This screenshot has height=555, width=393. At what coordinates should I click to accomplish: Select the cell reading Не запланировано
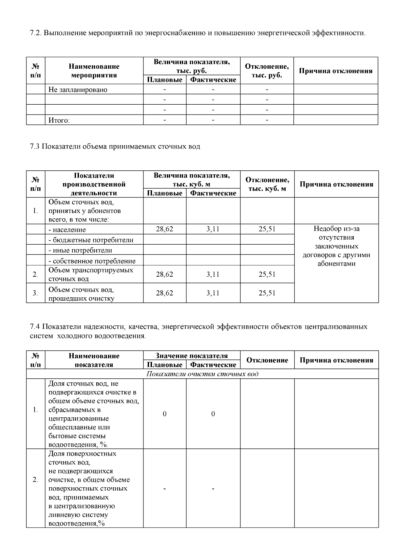tap(78, 90)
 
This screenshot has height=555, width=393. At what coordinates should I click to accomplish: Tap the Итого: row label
tap(59, 120)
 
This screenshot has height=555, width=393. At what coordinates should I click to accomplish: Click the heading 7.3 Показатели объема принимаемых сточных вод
tap(115, 147)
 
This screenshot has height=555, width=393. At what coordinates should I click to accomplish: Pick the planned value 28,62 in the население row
tap(164, 229)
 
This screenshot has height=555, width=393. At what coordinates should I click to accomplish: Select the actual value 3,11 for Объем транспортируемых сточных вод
tap(213, 274)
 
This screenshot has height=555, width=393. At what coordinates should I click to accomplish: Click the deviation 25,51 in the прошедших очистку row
tap(267, 293)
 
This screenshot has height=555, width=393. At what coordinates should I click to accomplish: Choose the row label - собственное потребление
tap(92, 261)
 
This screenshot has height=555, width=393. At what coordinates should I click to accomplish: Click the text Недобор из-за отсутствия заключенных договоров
tap(336, 246)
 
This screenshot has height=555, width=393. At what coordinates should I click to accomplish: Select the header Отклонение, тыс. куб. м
tap(267, 184)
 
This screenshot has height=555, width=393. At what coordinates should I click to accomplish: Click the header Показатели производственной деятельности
tap(94, 184)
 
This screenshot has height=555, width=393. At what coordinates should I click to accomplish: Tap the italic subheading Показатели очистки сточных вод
tap(202, 374)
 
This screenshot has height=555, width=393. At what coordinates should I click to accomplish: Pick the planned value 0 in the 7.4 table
tap(164, 414)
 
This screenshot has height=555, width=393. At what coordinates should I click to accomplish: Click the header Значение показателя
tap(192, 356)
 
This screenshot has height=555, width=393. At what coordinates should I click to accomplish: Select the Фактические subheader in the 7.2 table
tap(213, 80)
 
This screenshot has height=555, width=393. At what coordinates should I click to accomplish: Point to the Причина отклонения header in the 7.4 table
tap(336, 360)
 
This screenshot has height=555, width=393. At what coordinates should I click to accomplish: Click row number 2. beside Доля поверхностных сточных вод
tap(35, 480)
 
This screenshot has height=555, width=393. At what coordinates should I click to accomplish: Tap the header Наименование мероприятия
tap(94, 71)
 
